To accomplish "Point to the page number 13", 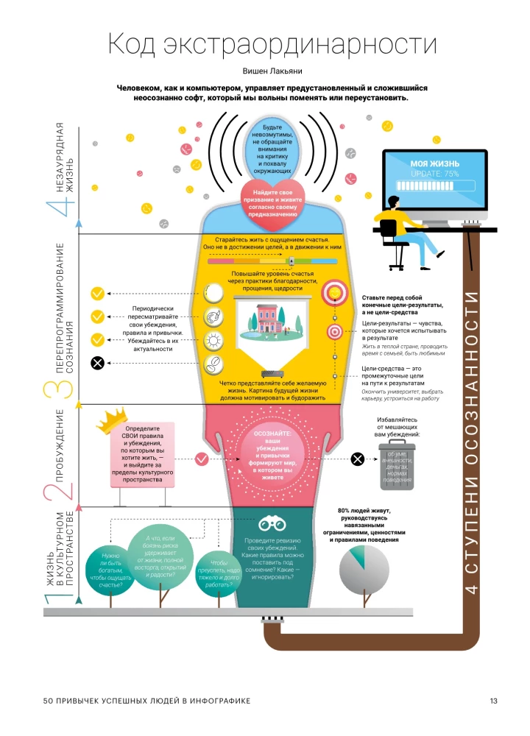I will (494, 699).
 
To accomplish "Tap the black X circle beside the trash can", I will (357, 459).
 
